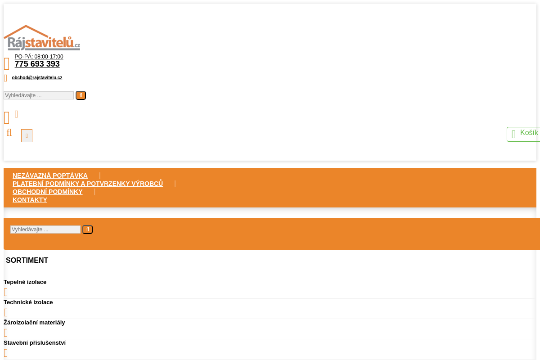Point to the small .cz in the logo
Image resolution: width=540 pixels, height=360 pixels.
(x=77, y=45)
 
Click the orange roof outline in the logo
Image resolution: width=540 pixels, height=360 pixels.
(x=27, y=30)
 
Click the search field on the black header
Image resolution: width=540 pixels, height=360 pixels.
(x=39, y=95)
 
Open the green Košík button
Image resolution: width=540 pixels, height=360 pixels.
(x=524, y=134)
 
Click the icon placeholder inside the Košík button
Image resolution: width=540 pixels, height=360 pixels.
(x=513, y=134)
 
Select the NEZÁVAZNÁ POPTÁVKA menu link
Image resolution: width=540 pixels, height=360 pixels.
(x=50, y=175)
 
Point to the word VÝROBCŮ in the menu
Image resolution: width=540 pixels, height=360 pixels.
(x=147, y=184)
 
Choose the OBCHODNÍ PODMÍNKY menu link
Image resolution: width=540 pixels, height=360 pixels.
(x=48, y=192)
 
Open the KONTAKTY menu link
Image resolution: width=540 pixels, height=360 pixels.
(x=30, y=200)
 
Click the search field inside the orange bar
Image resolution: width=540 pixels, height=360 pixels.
(x=45, y=229)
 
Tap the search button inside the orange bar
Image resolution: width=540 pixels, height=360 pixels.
(x=87, y=229)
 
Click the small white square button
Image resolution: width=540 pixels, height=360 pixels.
(x=27, y=135)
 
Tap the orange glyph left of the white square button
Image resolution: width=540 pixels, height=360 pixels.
(x=9, y=133)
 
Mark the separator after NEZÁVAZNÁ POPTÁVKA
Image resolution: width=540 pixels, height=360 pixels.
(x=100, y=175)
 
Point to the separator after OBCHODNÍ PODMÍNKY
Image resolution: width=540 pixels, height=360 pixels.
(x=94, y=192)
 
